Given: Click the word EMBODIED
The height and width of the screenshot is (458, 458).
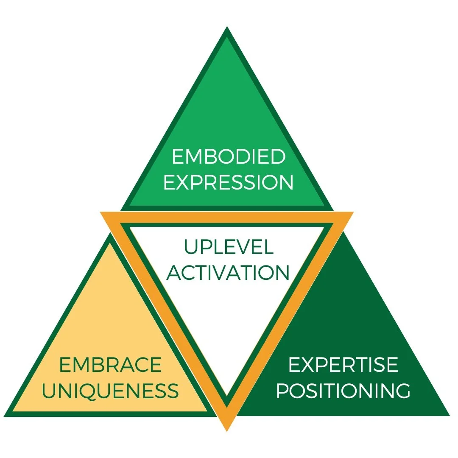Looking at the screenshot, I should point(229,157).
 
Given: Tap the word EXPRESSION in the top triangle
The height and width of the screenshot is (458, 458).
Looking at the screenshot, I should point(229,182).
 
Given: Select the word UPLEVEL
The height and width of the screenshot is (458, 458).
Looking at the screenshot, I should point(229,247).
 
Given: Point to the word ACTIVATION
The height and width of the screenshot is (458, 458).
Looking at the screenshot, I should point(228,273).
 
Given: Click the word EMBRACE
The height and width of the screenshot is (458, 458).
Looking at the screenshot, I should point(110,365).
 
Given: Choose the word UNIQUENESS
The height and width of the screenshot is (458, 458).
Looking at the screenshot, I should point(110,391).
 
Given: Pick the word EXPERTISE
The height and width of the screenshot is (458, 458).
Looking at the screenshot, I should point(343,365).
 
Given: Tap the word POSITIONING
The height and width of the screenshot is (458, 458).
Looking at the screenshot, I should point(343,391).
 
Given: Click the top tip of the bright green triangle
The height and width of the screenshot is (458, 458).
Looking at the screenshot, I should point(227,27).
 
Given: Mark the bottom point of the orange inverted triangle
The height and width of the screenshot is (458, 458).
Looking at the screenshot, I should point(227,430).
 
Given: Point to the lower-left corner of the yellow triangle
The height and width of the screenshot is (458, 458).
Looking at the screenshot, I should point(5,416).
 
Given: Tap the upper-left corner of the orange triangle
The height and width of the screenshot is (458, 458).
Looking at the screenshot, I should point(101,212).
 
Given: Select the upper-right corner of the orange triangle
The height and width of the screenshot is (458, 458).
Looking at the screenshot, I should point(352,212).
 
